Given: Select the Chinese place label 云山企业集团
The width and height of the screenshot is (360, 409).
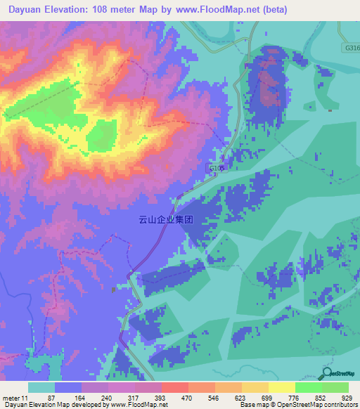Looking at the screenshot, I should pos(165,219).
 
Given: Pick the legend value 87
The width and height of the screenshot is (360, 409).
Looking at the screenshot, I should pos(51,397).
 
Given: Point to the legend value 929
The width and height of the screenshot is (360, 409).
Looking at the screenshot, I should pos(346,397).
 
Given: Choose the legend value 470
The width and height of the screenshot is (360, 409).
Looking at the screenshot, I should pos(186,397).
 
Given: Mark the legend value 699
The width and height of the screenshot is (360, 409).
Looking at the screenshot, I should pos(266,397).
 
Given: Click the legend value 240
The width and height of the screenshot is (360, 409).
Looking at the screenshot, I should pos(105,397).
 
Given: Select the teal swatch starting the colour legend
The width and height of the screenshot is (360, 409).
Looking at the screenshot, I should pos(41,387).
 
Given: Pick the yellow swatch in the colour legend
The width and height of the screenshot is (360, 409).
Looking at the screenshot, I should pos(282,387).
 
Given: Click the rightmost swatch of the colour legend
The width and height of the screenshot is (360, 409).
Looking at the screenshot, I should pos(335,387).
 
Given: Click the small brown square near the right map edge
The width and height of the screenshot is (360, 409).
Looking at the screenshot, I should pos(330,110).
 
